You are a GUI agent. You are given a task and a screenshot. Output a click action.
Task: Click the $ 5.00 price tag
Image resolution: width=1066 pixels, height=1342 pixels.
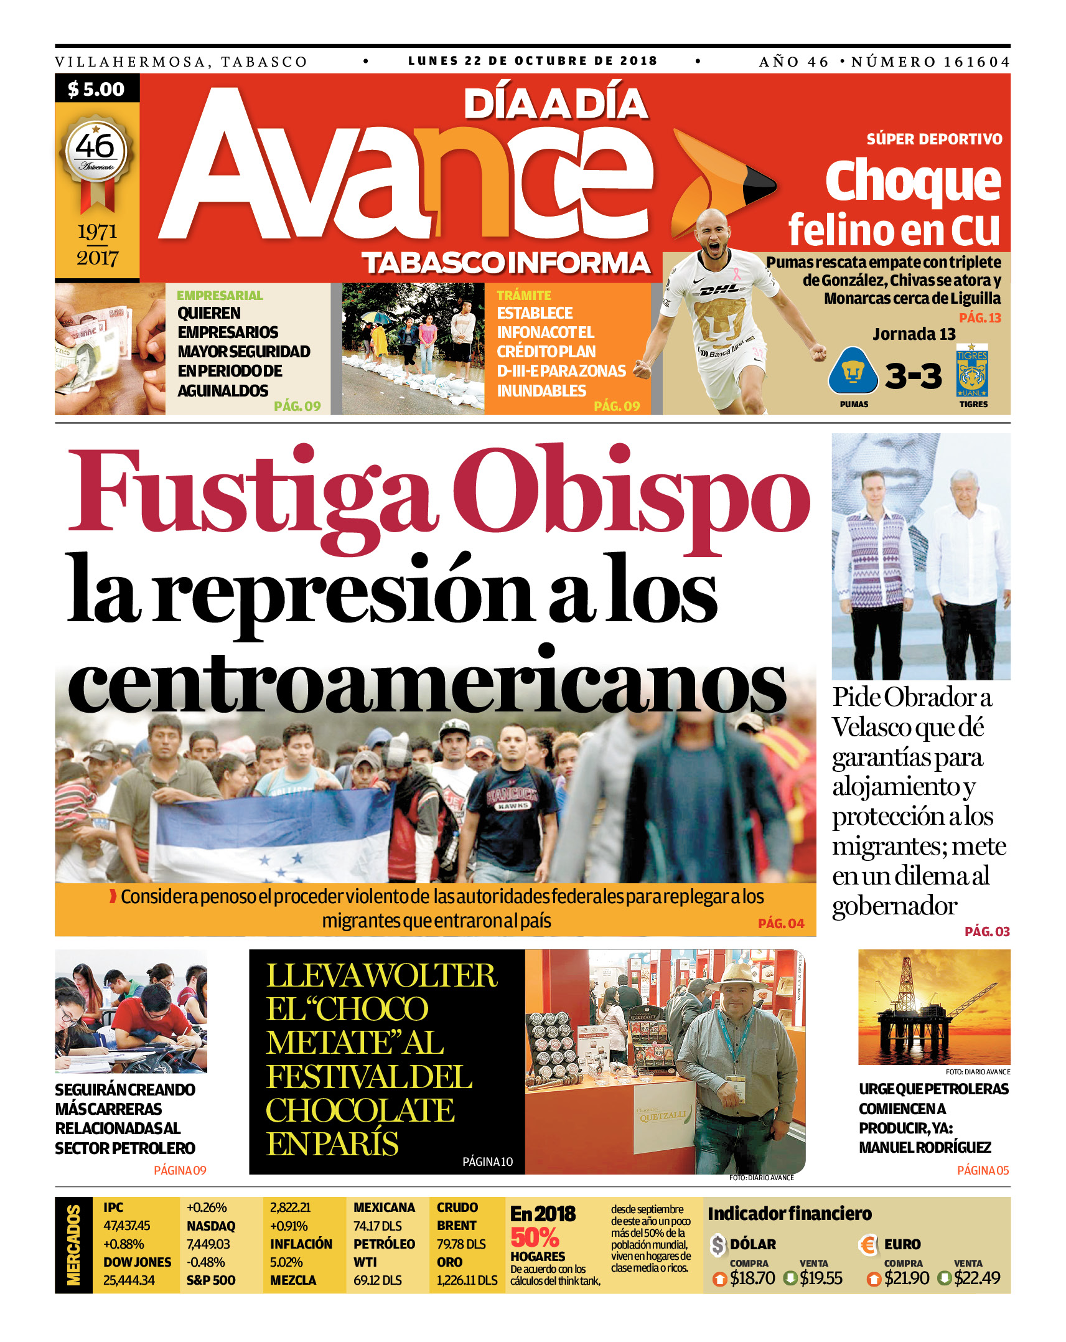click(x=96, y=89)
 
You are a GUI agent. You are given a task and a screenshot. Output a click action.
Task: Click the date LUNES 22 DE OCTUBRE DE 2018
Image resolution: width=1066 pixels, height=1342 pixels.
click(x=533, y=61)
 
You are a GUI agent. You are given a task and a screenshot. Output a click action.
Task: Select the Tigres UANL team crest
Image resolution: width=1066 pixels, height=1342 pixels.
click(x=972, y=372)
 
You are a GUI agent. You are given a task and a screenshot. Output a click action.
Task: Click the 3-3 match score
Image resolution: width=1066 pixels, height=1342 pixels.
click(x=913, y=375)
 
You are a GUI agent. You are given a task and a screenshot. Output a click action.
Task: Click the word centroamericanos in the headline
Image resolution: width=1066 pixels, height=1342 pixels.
click(x=426, y=685)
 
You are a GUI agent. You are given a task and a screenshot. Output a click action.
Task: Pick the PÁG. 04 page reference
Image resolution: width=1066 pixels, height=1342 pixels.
click(x=781, y=924)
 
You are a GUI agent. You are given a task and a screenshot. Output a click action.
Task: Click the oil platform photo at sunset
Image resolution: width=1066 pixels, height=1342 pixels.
click(x=933, y=1007)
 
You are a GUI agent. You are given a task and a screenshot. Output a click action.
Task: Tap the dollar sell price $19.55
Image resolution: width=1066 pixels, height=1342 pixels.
click(x=821, y=1278)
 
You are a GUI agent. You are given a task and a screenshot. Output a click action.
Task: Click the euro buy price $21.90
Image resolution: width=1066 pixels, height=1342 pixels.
click(x=906, y=1278)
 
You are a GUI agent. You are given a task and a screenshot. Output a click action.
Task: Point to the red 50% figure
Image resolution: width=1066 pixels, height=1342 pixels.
click(x=535, y=1237)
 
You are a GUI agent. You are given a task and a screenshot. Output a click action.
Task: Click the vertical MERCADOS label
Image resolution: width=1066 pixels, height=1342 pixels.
click(x=73, y=1245)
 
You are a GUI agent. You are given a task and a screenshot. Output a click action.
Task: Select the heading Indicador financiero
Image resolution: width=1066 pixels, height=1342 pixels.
click(x=789, y=1213)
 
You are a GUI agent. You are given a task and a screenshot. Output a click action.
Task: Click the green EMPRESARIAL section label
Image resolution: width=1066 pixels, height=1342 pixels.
click(x=220, y=295)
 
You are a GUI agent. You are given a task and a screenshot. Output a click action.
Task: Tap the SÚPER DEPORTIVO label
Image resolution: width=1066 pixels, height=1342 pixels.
click(x=934, y=139)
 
